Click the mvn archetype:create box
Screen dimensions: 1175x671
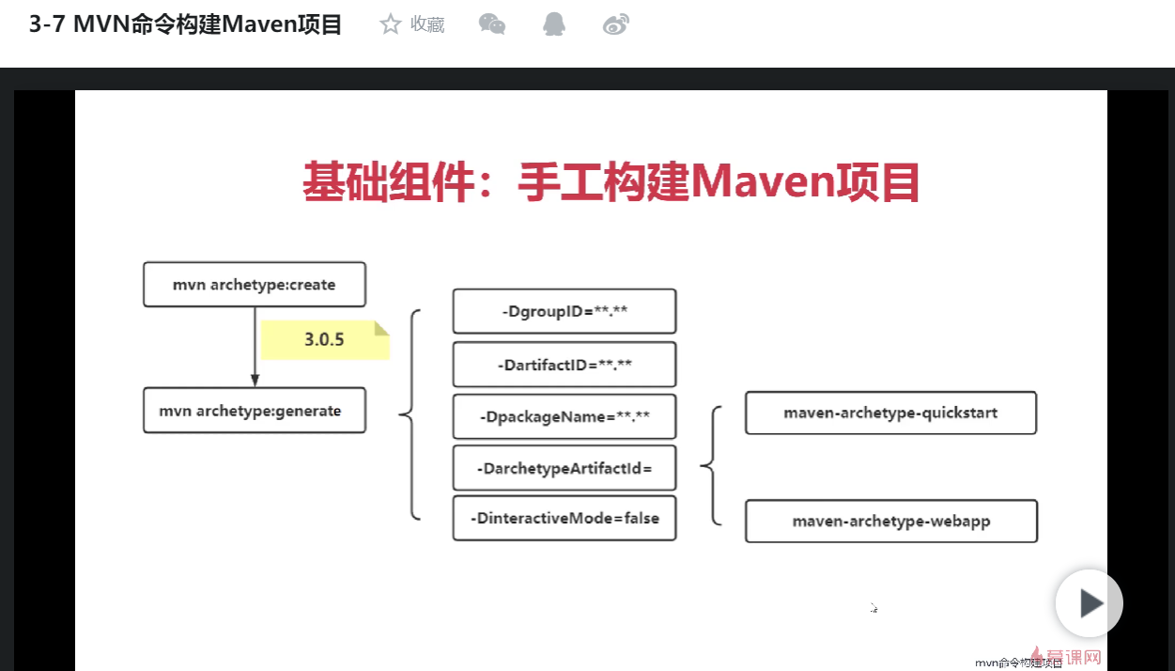[254, 285]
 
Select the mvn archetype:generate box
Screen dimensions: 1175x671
[254, 411]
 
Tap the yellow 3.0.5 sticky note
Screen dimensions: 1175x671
[325, 340]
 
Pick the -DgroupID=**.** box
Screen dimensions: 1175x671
[564, 311]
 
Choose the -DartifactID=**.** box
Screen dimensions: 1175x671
[564, 365]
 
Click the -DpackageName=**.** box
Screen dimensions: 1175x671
[564, 416]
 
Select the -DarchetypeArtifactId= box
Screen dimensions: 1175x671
[564, 468]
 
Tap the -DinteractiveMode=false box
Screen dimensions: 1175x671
[564, 518]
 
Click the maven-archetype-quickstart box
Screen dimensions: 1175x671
[890, 413]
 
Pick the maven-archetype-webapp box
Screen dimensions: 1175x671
[890, 522]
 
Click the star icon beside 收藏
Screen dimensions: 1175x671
[390, 24]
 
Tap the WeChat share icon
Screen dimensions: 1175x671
[492, 24]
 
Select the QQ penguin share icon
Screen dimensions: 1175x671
[554, 24]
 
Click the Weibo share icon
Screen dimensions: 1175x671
[616, 24]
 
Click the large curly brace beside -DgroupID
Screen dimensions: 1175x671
[410, 414]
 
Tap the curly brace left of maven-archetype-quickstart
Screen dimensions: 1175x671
[712, 465]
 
